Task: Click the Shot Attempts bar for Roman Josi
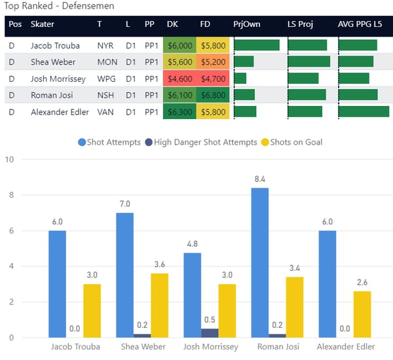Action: click(259, 262)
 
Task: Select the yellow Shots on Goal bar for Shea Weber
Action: click(159, 305)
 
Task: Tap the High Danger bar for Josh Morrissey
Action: click(210, 333)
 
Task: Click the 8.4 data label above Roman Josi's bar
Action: click(259, 177)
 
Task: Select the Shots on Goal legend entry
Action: click(292, 142)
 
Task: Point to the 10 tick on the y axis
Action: click(9, 160)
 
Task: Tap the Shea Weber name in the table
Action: click(53, 62)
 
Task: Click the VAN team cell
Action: click(105, 112)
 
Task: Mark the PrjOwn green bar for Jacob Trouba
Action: click(257, 45)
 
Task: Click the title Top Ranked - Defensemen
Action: click(59, 6)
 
